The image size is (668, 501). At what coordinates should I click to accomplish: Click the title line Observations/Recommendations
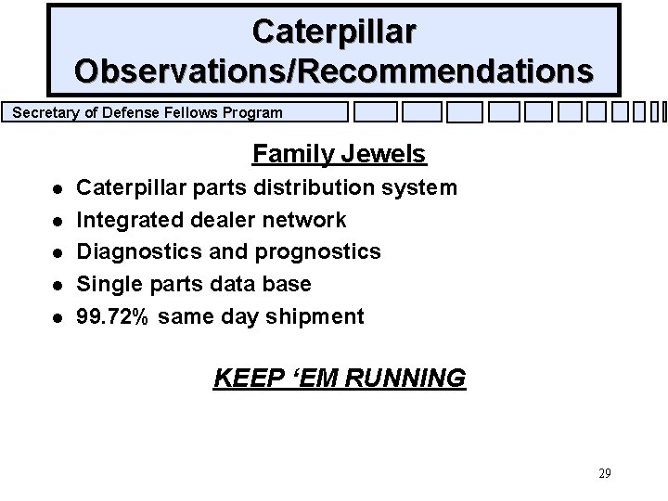[334, 71]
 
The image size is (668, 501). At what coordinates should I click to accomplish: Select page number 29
[604, 474]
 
